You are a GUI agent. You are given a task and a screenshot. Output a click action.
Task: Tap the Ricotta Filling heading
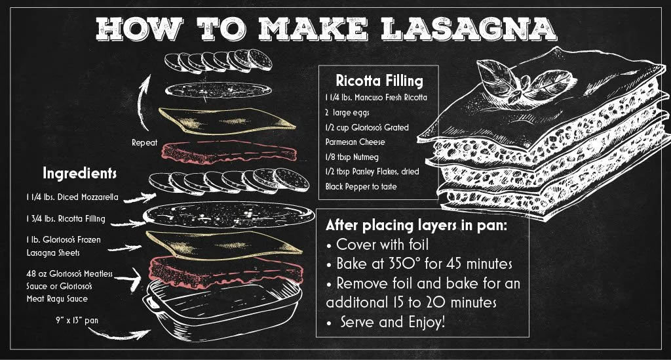pos(379,81)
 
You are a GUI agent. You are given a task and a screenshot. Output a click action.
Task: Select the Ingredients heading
pos(79,174)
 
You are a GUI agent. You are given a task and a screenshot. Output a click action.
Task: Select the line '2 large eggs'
pos(351,112)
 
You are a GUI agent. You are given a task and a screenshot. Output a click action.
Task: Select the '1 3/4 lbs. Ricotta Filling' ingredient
pos(62,218)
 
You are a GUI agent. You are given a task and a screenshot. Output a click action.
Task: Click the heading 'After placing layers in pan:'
pos(416,226)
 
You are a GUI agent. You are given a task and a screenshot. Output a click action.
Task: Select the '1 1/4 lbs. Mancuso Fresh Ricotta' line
pos(375,97)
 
